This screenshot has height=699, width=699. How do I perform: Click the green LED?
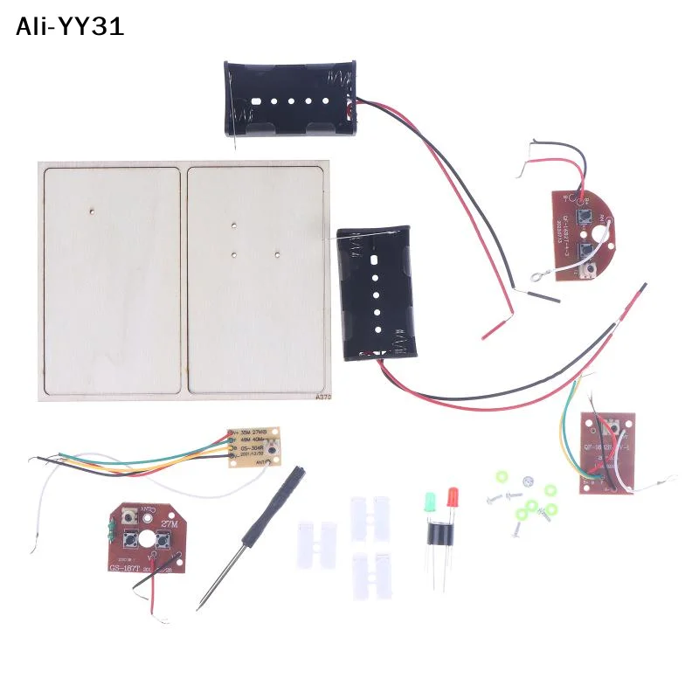pyautogui.click(x=430, y=502)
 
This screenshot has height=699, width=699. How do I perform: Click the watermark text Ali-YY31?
pyautogui.click(x=70, y=27)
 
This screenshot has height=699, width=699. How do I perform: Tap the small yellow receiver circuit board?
pyautogui.click(x=254, y=446)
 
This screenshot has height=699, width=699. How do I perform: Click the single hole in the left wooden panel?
pyautogui.click(x=93, y=211)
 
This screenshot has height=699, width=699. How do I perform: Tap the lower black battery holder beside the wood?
pyautogui.click(x=376, y=289)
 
